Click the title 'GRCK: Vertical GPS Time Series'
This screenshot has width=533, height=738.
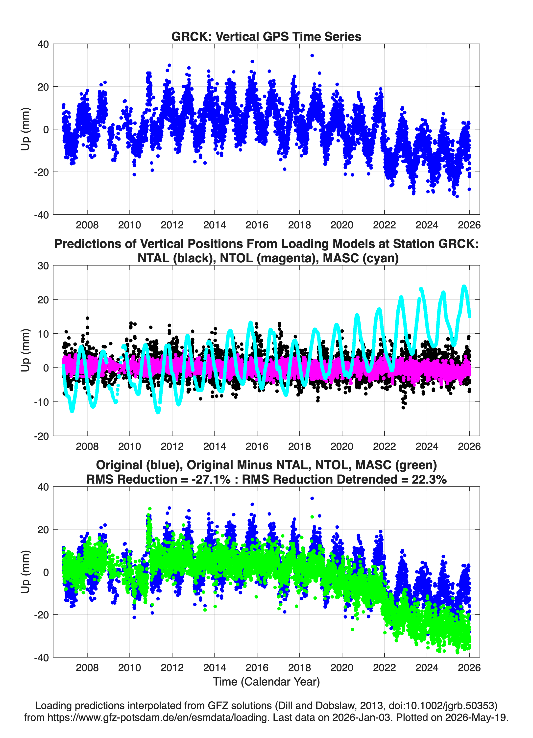tap(266, 36)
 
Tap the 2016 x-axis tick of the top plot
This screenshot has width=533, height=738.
tap(257, 225)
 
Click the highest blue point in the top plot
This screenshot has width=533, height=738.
tap(312, 56)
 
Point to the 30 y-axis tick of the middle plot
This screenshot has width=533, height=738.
tap(43, 266)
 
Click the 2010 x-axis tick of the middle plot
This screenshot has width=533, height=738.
tap(129, 446)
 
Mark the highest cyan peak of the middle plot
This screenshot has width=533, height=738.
tap(464, 286)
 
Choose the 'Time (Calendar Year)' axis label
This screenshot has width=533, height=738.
tap(266, 682)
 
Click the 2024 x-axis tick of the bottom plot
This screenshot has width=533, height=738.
tap(427, 667)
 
